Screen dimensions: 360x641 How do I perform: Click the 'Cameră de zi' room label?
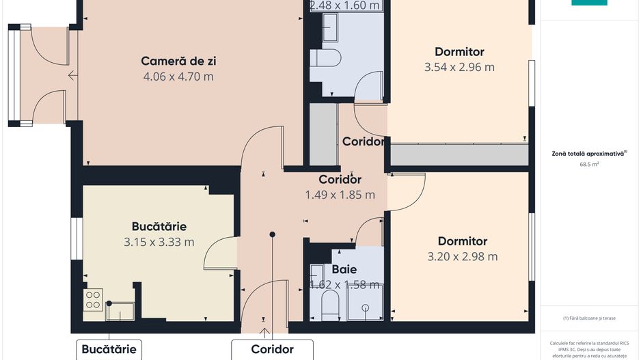[178, 61]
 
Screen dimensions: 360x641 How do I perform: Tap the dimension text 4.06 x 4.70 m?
[178, 77]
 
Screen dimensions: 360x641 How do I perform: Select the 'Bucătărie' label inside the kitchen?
[159, 226]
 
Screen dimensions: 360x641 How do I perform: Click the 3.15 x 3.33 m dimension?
[159, 242]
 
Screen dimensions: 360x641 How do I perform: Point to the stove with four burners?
[93, 300]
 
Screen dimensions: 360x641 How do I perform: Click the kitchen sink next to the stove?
[120, 311]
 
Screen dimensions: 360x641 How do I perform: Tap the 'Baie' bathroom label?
[344, 269]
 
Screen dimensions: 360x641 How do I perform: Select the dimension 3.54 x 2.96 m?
[459, 67]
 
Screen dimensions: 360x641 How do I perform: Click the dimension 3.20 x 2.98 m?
[462, 257]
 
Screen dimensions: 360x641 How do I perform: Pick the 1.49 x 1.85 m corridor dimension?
[340, 195]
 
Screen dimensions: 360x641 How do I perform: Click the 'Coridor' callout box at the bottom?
[272, 349]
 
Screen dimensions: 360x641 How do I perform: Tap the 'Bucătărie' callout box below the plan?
[109, 349]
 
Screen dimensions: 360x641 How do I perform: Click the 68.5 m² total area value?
[590, 165]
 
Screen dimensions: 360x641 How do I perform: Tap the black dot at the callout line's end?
[272, 234]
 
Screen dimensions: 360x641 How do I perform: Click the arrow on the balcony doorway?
[72, 77]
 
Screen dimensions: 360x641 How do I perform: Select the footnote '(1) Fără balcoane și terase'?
[590, 318]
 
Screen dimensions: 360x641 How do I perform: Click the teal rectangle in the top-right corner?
[589, 3]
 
